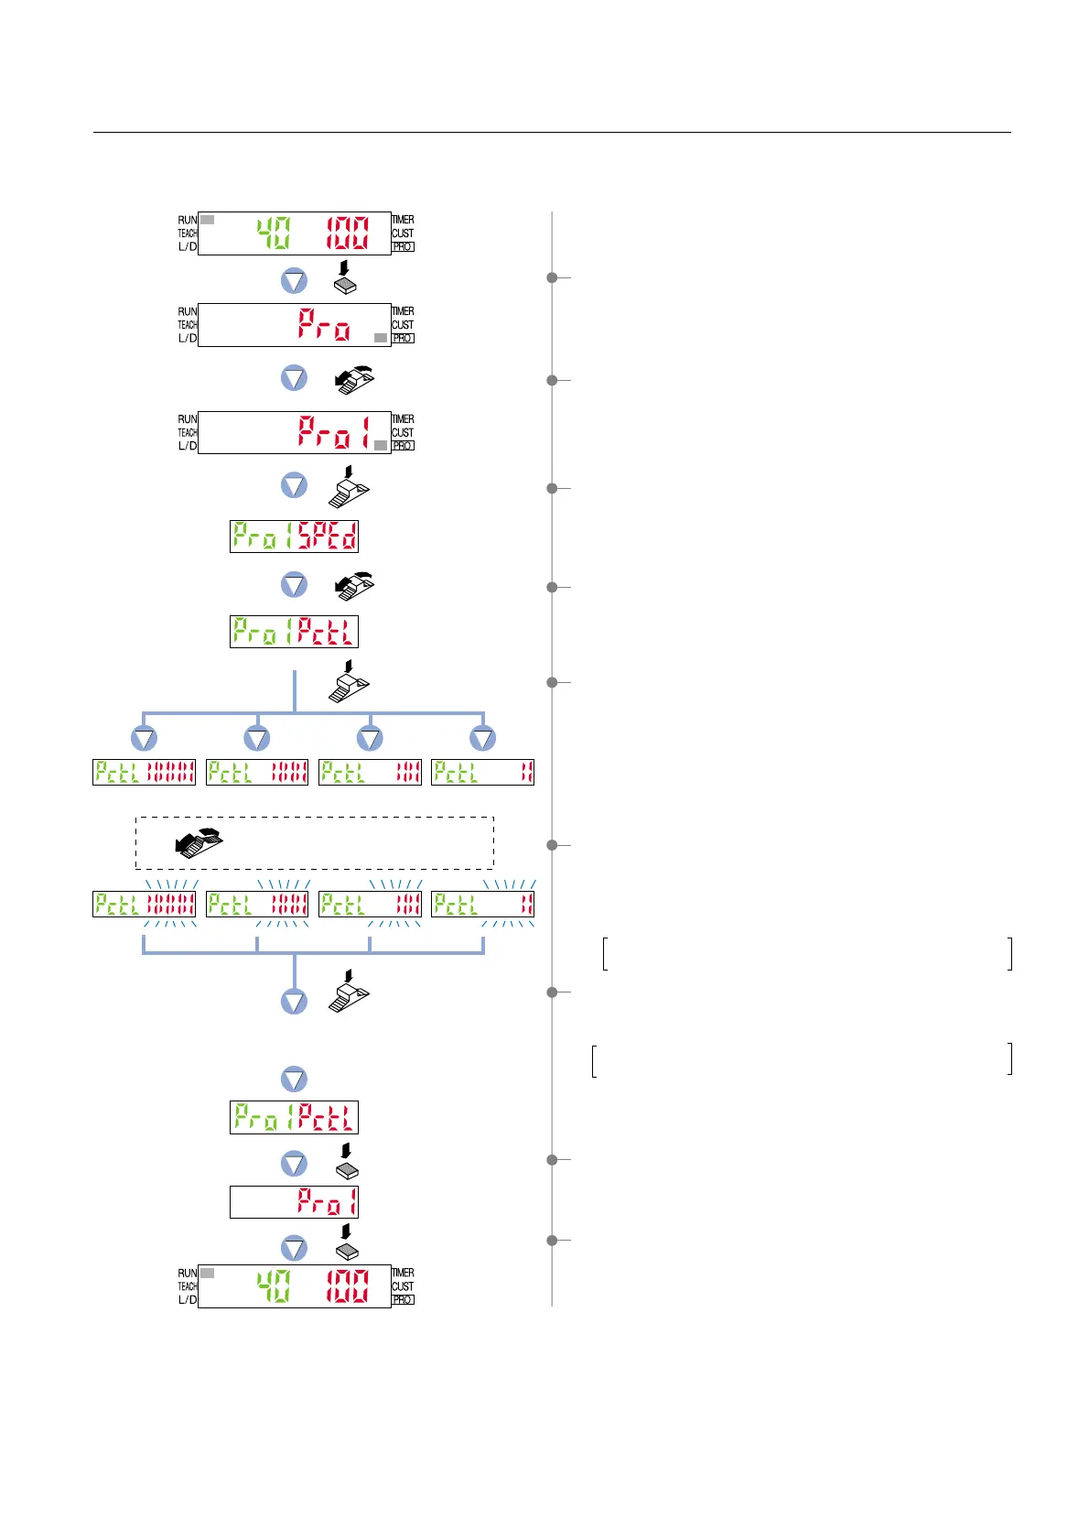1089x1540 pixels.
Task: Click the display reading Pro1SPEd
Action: click(x=294, y=537)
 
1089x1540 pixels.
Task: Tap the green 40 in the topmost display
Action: click(x=273, y=233)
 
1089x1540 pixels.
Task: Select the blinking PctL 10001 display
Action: click(x=145, y=905)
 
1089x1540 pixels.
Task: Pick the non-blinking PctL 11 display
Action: click(x=482, y=773)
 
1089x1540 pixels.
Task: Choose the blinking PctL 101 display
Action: click(x=370, y=905)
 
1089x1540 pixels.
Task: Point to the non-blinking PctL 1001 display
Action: click(x=257, y=773)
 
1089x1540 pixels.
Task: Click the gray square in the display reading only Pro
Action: click(x=381, y=338)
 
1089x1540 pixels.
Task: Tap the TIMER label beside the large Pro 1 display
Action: click(x=403, y=419)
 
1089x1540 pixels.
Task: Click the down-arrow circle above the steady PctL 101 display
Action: click(x=370, y=738)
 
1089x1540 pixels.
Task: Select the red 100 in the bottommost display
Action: click(x=348, y=1285)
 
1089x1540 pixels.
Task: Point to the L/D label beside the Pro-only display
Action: click(x=187, y=338)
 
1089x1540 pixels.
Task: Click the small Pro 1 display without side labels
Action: click(x=294, y=1202)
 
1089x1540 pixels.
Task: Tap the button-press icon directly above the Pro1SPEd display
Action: click(x=349, y=486)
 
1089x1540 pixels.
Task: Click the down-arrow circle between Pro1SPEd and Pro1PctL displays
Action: click(x=294, y=584)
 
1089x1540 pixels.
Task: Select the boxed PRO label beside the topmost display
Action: click(x=403, y=247)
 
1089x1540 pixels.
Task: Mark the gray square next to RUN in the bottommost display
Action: click(x=208, y=1273)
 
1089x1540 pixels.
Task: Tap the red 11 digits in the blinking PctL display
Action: click(x=526, y=905)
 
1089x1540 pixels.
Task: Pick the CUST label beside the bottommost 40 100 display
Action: click(x=403, y=1286)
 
